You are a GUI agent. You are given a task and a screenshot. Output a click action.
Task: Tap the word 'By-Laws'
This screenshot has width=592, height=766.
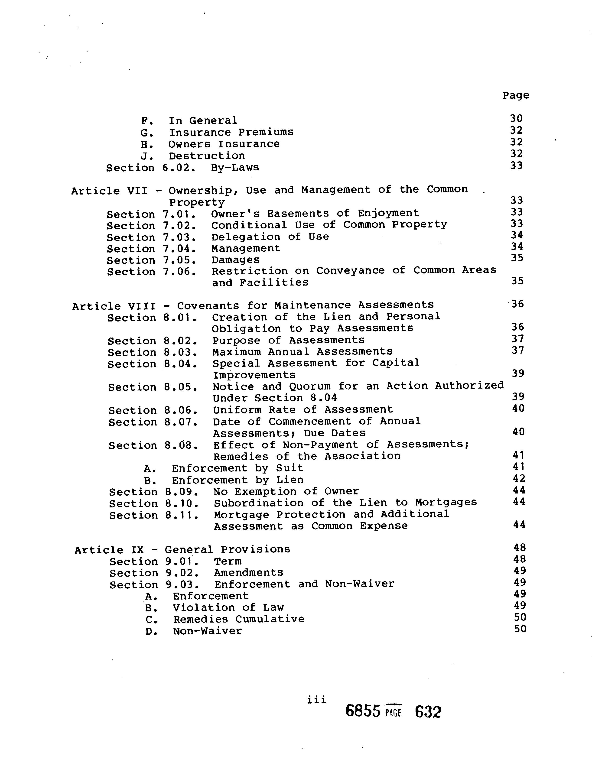(235, 167)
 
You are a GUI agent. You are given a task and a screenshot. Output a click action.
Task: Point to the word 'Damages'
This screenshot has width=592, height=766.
(235, 260)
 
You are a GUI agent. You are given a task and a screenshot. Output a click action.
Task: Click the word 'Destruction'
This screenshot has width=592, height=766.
(207, 156)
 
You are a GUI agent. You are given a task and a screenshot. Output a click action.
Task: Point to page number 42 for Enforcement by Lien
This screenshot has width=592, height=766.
(519, 478)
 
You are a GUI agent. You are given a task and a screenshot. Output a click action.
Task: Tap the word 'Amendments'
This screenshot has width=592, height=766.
(248, 573)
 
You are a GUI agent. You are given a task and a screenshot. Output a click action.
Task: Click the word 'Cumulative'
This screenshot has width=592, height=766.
(270, 619)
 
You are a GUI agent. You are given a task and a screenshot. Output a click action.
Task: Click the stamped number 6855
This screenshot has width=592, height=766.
(363, 711)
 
